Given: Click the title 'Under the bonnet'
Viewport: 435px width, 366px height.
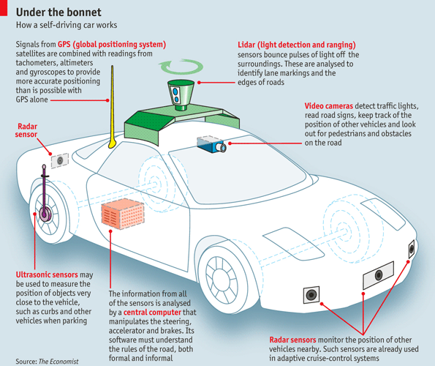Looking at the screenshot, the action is pos(58,12).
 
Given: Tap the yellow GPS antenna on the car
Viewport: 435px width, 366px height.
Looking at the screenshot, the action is pos(112,108).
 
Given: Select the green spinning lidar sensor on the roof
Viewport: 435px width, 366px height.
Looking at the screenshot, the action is pos(181,95).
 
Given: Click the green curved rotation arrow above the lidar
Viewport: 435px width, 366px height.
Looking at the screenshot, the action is pos(181,67).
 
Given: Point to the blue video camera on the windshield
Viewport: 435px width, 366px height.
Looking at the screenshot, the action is pos(211,144).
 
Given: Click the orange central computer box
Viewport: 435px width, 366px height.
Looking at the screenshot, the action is pos(123,214).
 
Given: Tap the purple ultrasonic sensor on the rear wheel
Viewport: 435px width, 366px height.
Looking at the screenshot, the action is pos(45,195).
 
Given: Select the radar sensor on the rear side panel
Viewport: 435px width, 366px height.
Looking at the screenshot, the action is pos(60,160).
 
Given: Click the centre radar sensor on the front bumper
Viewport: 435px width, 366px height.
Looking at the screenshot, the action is pos(379,275).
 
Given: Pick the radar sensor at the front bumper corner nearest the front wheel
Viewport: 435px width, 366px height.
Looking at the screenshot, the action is pos(311,295).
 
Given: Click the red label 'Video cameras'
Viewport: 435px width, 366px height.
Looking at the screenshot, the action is pos(329,106).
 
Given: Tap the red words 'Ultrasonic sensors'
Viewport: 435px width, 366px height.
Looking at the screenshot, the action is pos(47,274).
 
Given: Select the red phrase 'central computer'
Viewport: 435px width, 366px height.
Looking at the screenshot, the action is pos(152,313).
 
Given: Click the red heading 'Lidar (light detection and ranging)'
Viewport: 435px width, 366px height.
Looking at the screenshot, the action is pos(297,45).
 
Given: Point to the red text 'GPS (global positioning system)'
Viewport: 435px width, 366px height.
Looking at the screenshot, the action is pos(112,45).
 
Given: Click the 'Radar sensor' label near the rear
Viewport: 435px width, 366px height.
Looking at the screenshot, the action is pos(26,130).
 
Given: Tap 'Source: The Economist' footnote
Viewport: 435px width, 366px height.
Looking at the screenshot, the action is pos(47,362).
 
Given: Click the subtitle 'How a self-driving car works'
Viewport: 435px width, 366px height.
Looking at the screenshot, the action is pos(67,25).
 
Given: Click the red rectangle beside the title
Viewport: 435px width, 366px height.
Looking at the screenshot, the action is pos(4,8).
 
